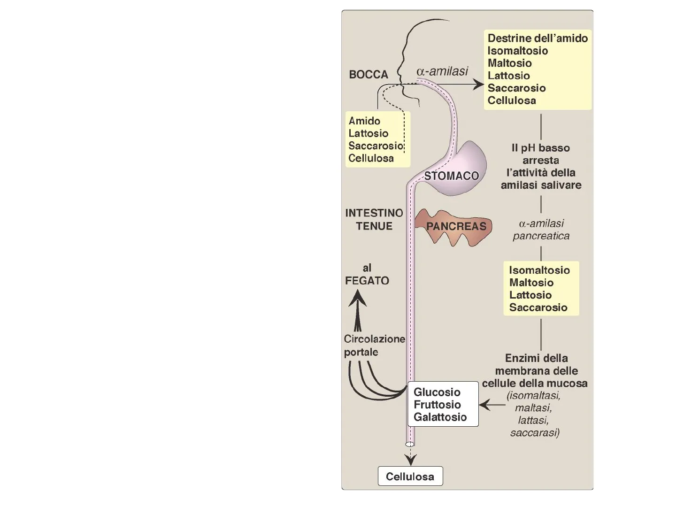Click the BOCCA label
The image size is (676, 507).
(369, 75)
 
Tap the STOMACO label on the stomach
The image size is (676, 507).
(451, 176)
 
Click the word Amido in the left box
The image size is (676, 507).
(364, 121)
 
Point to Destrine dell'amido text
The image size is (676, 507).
(538, 38)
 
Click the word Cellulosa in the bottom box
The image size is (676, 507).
(410, 477)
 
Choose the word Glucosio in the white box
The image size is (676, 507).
(437, 392)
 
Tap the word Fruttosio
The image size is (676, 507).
(437, 405)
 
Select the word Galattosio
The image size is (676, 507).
(440, 417)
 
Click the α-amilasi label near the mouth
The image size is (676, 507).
(442, 71)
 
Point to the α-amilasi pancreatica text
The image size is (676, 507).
(541, 230)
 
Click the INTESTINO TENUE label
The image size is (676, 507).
(374, 219)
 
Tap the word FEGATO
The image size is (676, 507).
(367, 281)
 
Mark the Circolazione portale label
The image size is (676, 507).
(374, 346)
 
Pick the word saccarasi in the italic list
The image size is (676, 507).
(534, 432)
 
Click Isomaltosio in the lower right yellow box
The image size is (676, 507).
(539, 270)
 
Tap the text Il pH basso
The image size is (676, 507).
(540, 148)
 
